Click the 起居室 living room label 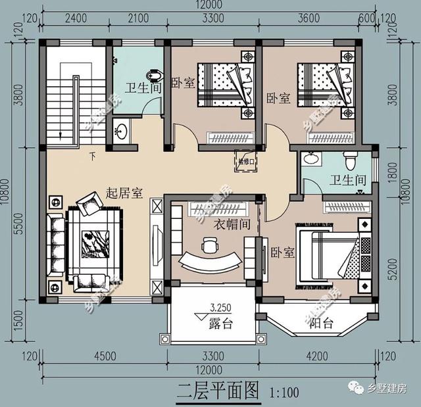pos(125,193)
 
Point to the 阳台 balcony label pos(323,323)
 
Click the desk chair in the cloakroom pos(209,246)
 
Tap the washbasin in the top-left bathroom pos(121,130)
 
